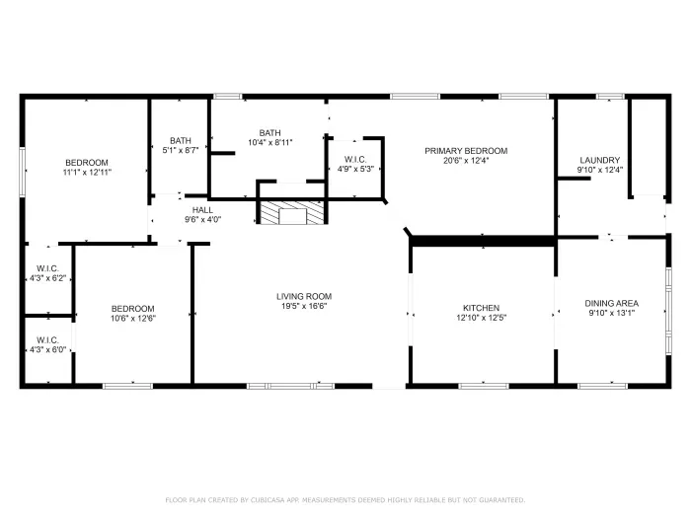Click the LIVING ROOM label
click(x=303, y=296)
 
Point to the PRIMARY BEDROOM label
click(x=466, y=151)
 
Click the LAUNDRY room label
click(x=599, y=160)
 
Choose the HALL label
click(x=202, y=209)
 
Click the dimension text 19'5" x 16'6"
click(x=303, y=307)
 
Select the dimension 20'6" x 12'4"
click(x=466, y=161)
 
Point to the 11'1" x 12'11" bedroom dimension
click(x=87, y=173)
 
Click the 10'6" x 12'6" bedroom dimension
click(x=132, y=319)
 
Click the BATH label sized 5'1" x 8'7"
click(x=180, y=140)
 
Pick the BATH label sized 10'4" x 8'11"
click(x=269, y=133)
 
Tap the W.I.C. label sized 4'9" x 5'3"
click(x=356, y=159)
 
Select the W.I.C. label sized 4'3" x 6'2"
click(x=48, y=268)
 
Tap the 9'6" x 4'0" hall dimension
click(x=202, y=220)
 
